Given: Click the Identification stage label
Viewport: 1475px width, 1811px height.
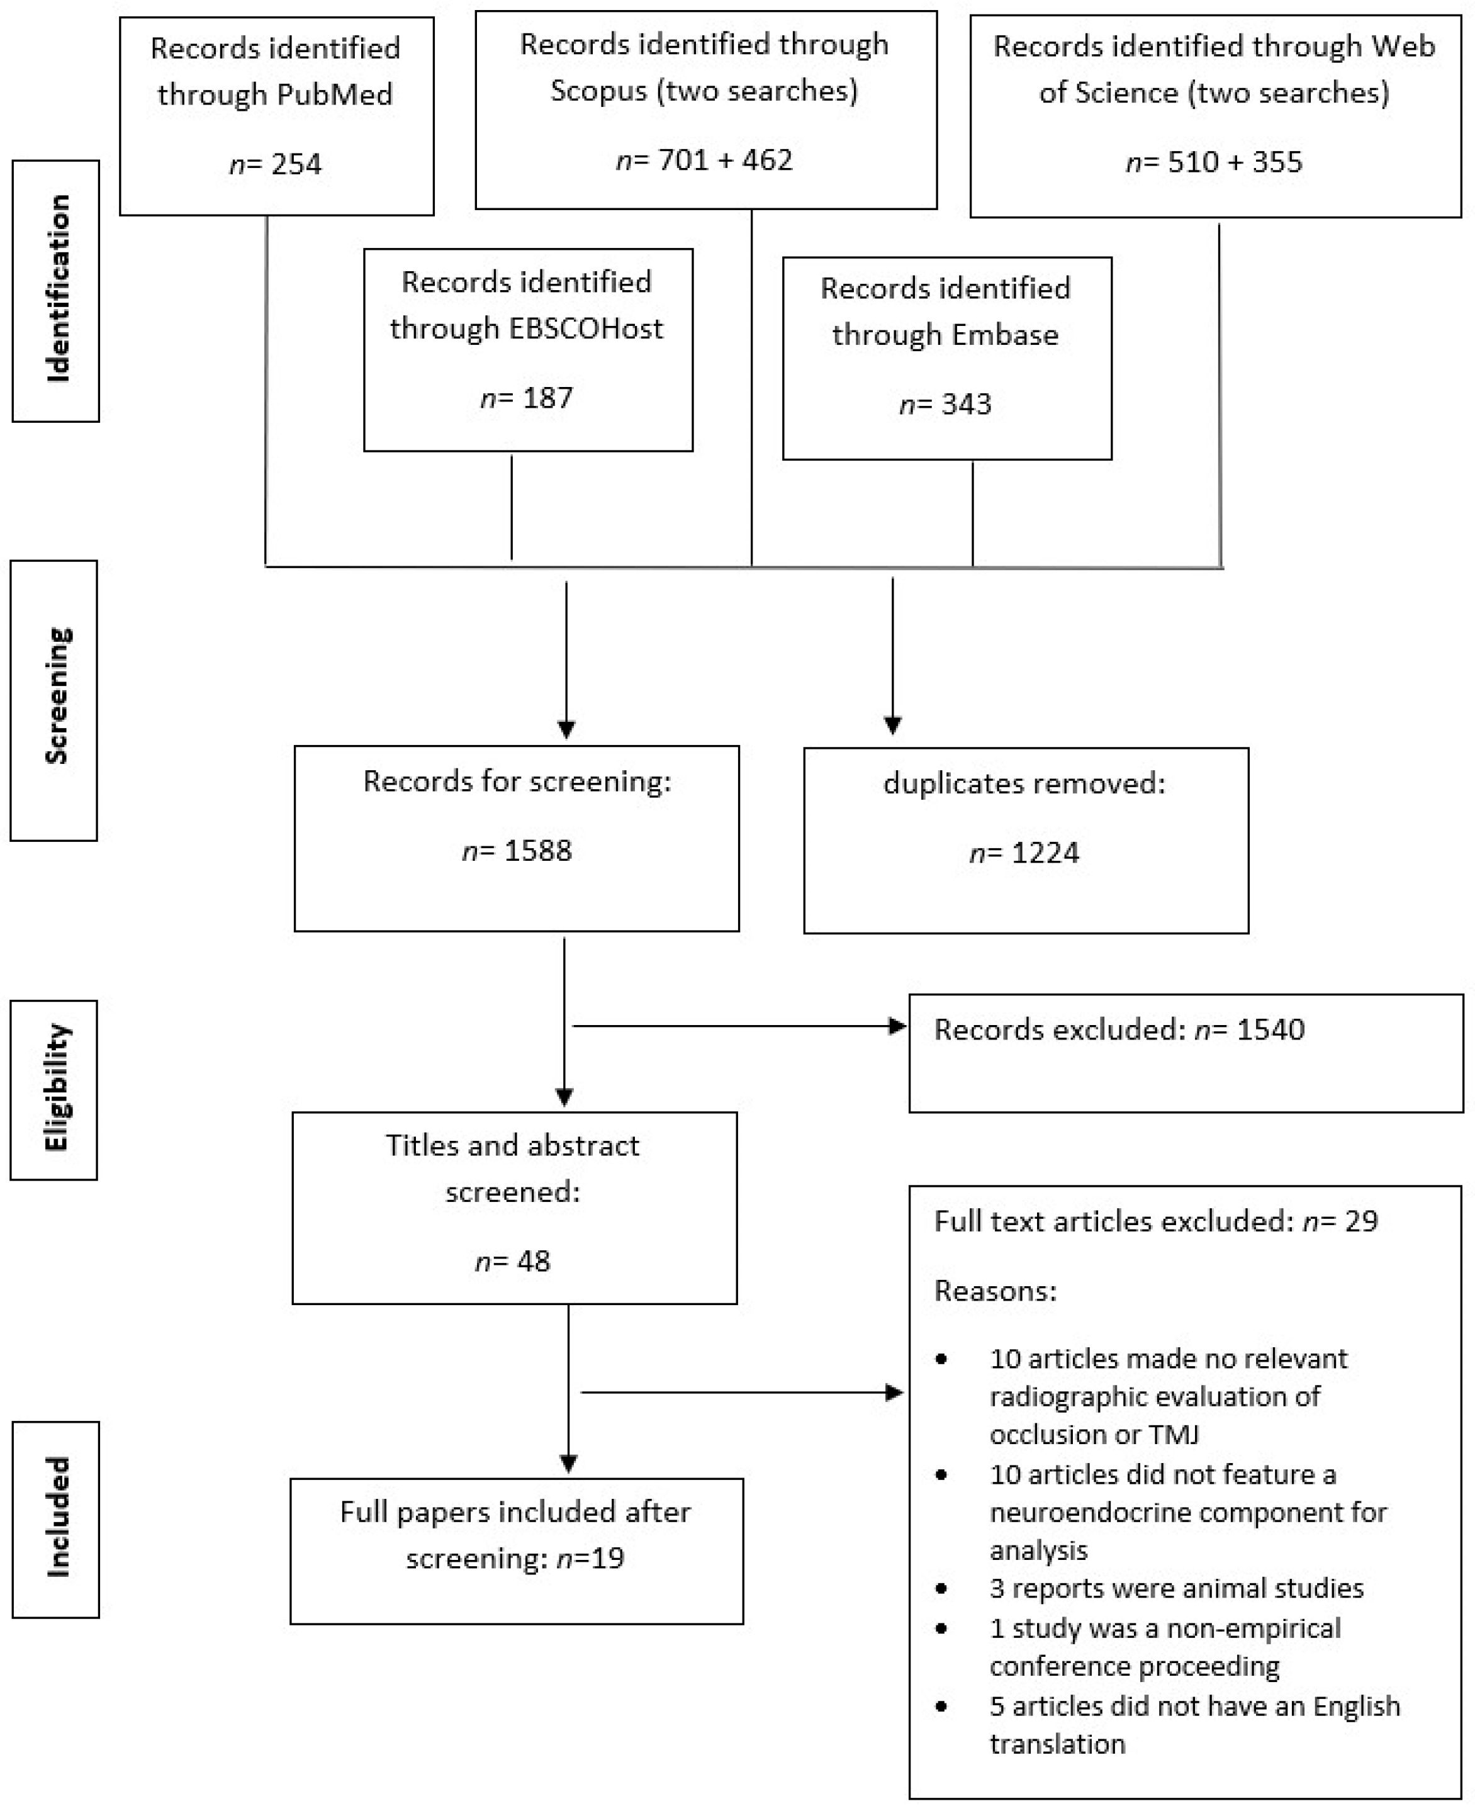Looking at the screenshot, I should (x=57, y=289).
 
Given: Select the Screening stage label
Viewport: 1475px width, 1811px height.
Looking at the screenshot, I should (x=57, y=697).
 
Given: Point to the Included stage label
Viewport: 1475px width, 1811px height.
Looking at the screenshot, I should (x=57, y=1517).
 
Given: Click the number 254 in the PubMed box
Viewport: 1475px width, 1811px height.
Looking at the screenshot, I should (x=296, y=164).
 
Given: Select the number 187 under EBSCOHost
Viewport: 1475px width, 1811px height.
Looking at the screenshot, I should (x=548, y=398).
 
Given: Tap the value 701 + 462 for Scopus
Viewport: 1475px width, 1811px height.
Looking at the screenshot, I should (x=725, y=160).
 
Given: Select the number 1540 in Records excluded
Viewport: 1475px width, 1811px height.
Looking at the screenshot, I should (x=1270, y=1029).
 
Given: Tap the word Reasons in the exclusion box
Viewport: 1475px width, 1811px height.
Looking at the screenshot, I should (x=995, y=1291).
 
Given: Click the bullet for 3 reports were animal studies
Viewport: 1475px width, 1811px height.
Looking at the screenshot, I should (x=941, y=1588).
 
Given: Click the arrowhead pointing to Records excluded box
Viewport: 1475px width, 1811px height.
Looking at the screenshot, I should (x=897, y=1026).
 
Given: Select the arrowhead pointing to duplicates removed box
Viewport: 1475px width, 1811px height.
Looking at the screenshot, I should (x=892, y=726).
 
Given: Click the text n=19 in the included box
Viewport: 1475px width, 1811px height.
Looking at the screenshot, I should (x=590, y=1558).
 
